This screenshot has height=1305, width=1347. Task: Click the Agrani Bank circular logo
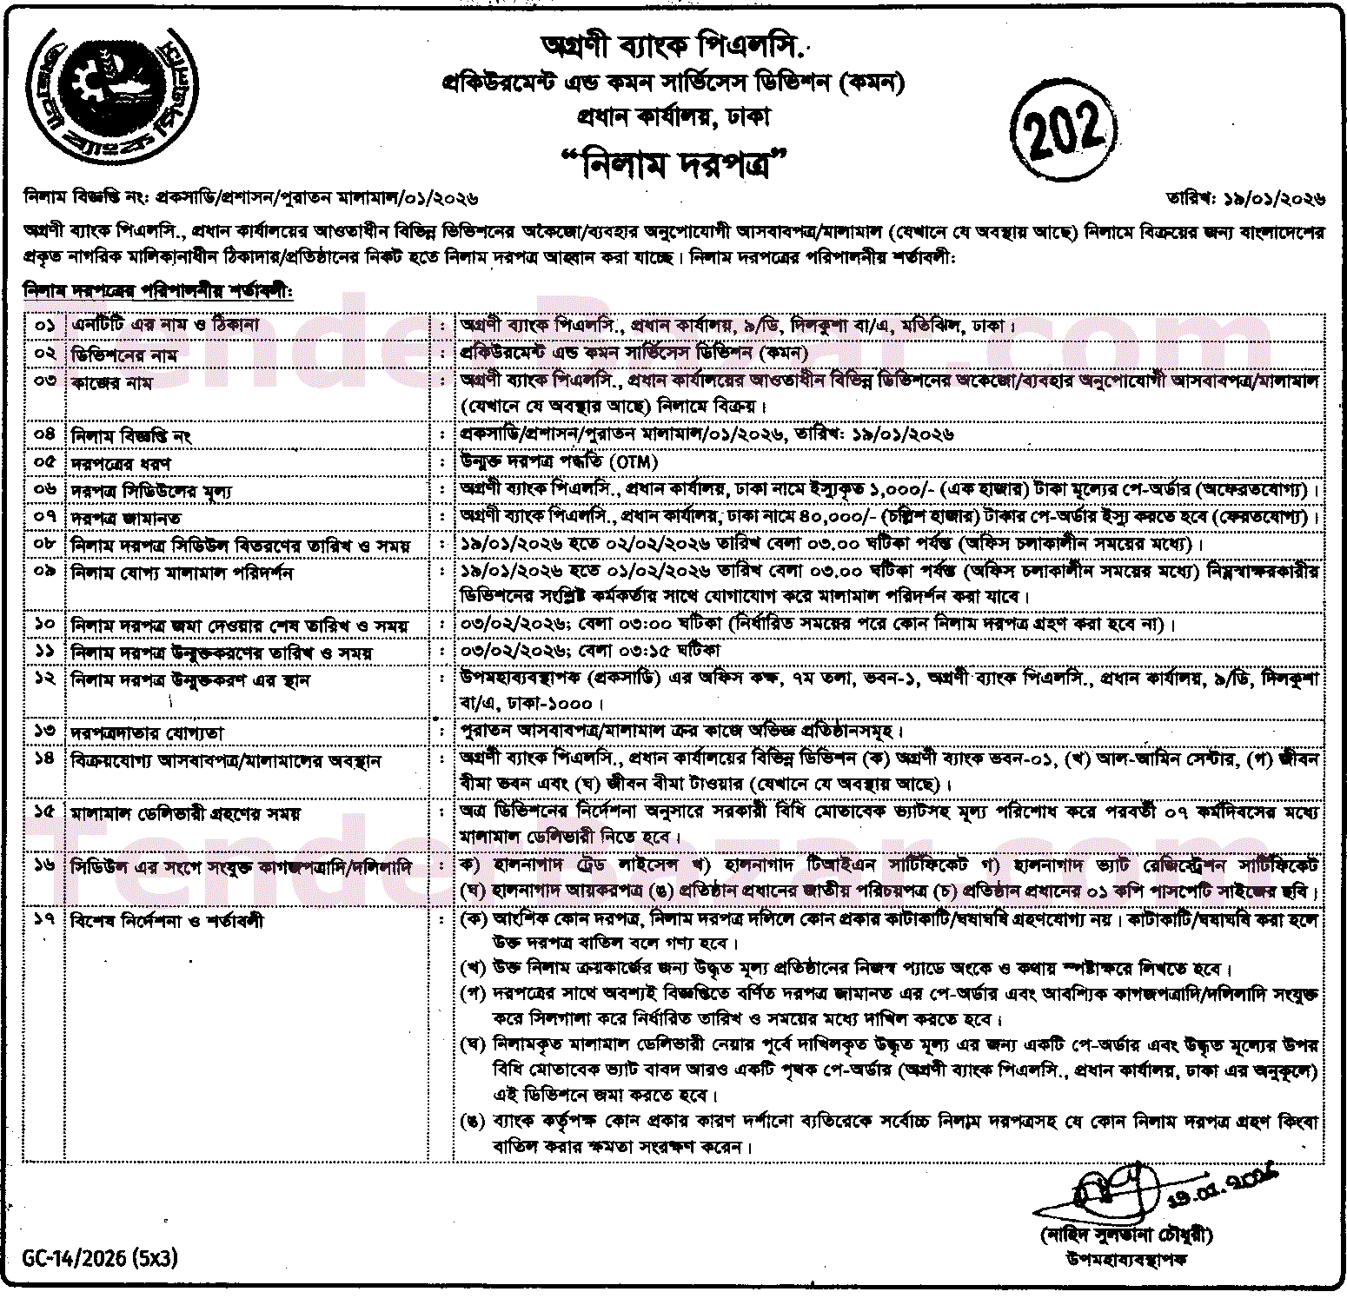[111, 98]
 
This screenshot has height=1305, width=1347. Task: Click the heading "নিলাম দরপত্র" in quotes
[674, 163]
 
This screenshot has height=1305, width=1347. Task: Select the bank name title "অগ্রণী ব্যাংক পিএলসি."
[674, 44]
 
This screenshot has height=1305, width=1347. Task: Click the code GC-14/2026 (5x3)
[100, 1257]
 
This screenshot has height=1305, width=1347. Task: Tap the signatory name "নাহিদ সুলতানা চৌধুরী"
[1126, 1235]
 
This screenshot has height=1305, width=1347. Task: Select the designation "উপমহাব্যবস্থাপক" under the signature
[1126, 1258]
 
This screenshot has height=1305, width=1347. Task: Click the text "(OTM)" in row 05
[634, 461]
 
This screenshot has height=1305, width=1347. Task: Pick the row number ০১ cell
[44, 325]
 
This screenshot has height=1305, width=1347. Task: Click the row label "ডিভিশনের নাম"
[124, 354]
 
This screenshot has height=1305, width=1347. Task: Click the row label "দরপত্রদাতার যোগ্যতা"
[147, 733]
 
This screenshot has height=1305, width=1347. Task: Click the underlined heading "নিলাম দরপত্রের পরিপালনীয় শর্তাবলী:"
[159, 291]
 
